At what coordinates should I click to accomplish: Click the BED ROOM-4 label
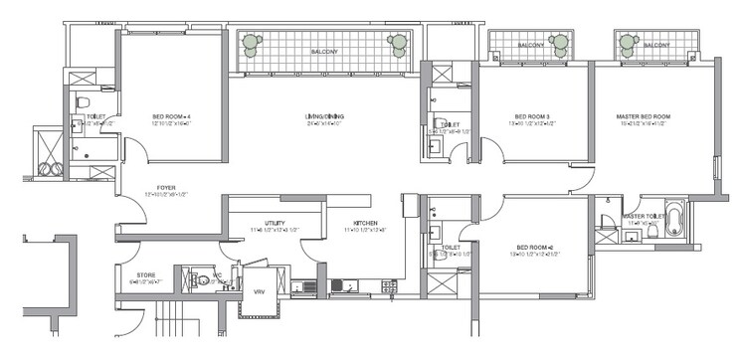pyautogui.click(x=171, y=116)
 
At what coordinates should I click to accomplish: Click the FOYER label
pyautogui.click(x=152, y=187)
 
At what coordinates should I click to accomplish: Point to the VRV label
pyautogui.click(x=259, y=290)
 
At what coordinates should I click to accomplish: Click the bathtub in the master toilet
pyautogui.click(x=674, y=219)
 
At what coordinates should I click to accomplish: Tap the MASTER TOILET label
pyautogui.click(x=644, y=216)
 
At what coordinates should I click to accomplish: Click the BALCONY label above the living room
pyautogui.click(x=324, y=51)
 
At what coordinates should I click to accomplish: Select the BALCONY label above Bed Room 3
pyautogui.click(x=530, y=45)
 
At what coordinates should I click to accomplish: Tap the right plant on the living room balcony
pyautogui.click(x=399, y=43)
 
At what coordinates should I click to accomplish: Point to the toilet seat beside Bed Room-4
pyautogui.click(x=84, y=102)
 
